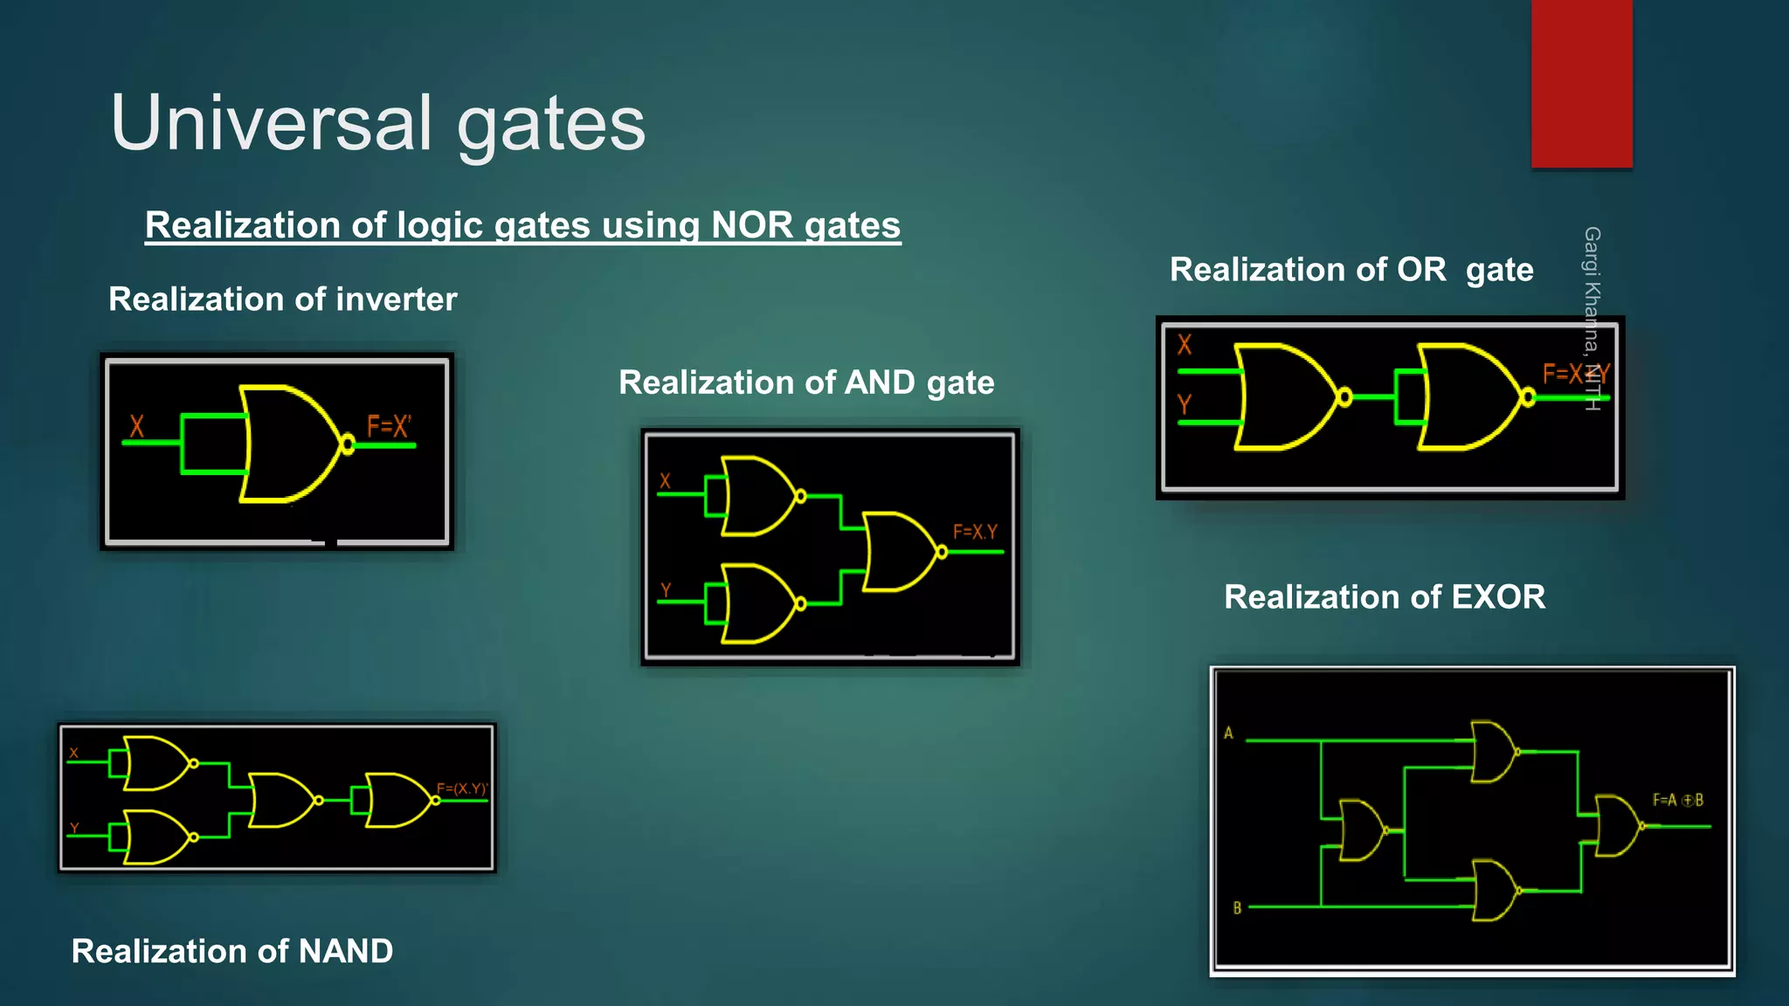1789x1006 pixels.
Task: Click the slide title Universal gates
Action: (x=377, y=123)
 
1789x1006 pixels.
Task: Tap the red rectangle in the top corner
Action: (x=1581, y=83)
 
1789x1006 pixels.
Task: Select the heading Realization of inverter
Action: (x=282, y=300)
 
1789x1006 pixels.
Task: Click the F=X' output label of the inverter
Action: (x=388, y=426)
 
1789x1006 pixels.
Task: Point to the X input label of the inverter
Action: (x=136, y=426)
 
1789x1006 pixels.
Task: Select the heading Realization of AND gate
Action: (x=806, y=382)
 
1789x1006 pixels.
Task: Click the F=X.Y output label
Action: (x=974, y=532)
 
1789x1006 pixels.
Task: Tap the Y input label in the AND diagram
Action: (x=666, y=590)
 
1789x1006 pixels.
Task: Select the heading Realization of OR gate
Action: (x=1351, y=270)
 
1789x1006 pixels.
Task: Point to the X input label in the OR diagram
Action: (x=1185, y=345)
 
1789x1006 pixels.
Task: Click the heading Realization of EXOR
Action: (x=1385, y=597)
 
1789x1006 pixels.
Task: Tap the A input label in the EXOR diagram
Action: (x=1228, y=733)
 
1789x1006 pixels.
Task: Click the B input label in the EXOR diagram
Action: (x=1237, y=908)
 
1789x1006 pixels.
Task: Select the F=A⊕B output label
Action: (x=1677, y=800)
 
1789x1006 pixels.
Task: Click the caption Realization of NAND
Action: (x=232, y=951)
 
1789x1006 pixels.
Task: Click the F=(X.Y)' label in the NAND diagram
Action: (x=461, y=789)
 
